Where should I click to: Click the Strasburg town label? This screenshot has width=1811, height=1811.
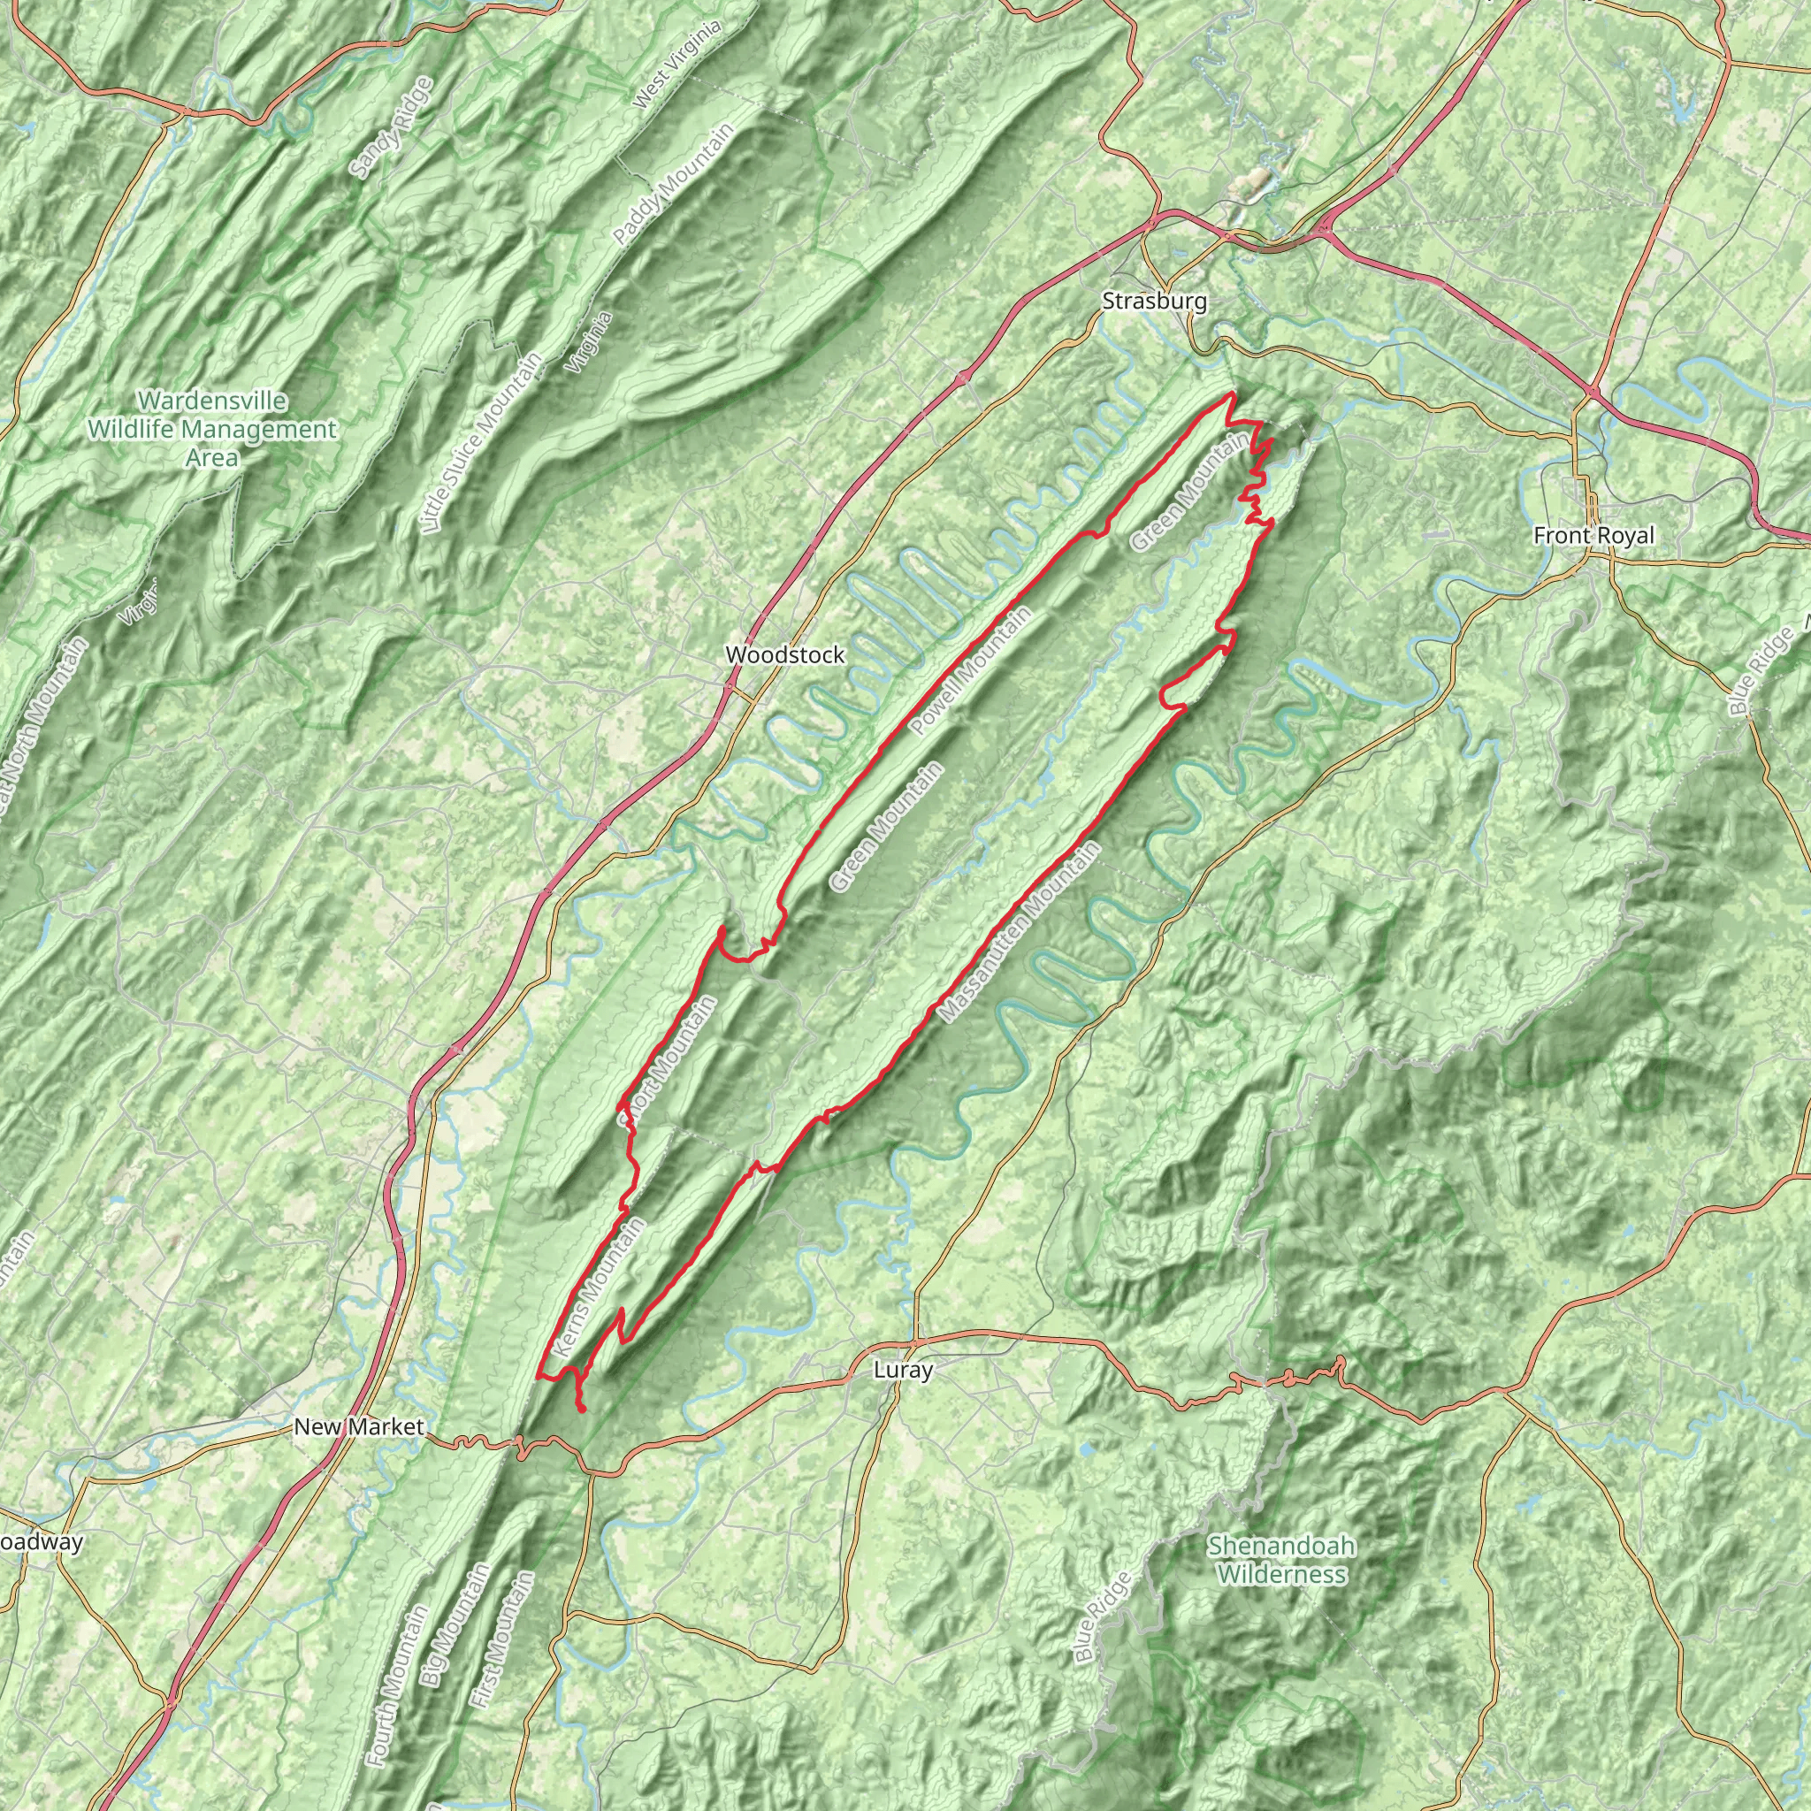pyautogui.click(x=1154, y=302)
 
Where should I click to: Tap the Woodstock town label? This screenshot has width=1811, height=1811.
pyautogui.click(x=785, y=655)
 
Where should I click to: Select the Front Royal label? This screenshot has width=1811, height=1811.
pyautogui.click(x=1594, y=535)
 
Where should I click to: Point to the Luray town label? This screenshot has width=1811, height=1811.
pyautogui.click(x=903, y=1370)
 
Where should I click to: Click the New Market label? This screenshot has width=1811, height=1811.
pyautogui.click(x=359, y=1426)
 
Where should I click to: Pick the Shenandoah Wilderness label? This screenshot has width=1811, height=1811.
pyautogui.click(x=1281, y=1560)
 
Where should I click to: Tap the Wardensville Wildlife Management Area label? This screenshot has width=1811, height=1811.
pyautogui.click(x=212, y=429)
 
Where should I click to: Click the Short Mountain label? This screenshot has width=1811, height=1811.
pyautogui.click(x=668, y=1061)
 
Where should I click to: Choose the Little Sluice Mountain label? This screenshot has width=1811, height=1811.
pyautogui.click(x=482, y=443)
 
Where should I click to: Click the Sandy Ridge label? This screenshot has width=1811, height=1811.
pyautogui.click(x=390, y=126)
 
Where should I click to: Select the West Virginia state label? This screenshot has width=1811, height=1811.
pyautogui.click(x=677, y=64)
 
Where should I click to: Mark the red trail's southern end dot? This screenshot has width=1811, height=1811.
pyautogui.click(x=582, y=1409)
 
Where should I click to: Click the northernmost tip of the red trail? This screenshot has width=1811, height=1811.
pyautogui.click(x=1229, y=394)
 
